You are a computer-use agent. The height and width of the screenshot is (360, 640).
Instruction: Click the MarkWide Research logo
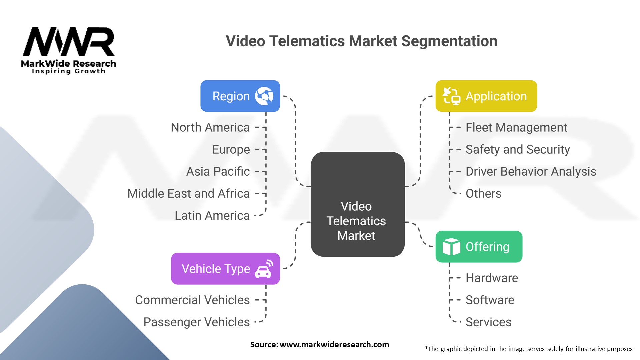69,50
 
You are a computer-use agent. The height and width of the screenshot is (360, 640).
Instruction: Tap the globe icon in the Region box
264,96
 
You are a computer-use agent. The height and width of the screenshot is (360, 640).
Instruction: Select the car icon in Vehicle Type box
264,269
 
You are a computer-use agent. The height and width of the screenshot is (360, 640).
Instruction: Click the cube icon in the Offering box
451,247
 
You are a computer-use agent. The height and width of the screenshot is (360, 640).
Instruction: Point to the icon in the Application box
451,96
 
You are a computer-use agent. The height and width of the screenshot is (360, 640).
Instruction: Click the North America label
210,127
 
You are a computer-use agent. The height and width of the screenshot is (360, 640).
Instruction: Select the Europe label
231,149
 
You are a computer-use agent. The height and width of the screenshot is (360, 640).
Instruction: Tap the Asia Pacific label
218,171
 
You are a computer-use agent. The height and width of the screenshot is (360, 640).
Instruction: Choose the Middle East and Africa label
188,193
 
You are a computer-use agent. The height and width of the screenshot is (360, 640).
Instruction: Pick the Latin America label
212,216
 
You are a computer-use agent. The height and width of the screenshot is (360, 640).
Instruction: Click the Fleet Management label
516,127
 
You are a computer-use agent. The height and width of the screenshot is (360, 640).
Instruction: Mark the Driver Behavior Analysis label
531,171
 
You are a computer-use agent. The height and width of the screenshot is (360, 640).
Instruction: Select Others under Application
483,193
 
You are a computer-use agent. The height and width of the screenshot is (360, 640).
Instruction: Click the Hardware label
492,278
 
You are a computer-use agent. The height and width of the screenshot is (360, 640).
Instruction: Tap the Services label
488,322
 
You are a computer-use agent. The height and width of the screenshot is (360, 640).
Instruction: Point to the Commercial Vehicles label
192,300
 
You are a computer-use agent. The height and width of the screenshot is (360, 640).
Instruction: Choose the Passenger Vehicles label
196,322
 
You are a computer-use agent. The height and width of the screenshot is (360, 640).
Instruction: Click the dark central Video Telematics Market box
357,204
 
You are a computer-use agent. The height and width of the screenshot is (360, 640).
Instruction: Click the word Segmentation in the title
449,41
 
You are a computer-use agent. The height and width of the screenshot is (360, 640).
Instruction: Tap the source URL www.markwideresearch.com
334,345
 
